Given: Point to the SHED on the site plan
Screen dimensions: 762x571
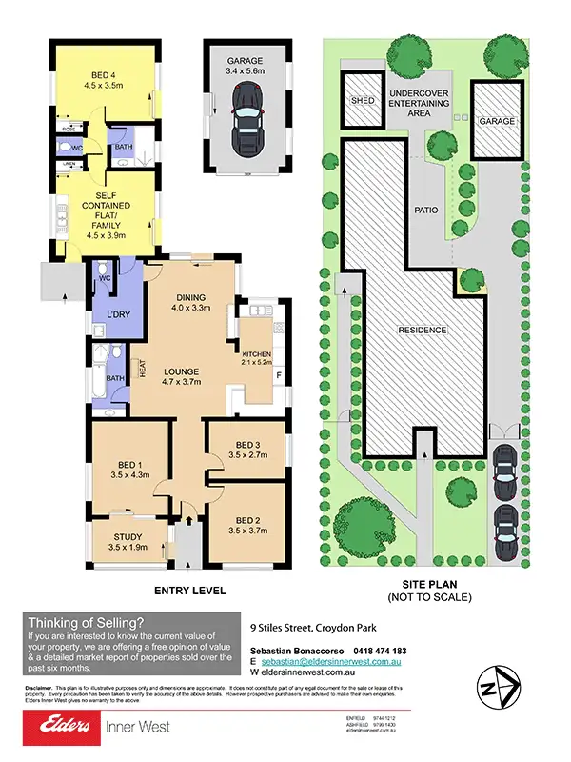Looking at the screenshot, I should tap(363, 100).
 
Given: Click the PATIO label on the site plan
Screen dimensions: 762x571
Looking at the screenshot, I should tap(425, 209).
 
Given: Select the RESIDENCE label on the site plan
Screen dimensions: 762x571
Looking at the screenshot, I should tap(422, 331).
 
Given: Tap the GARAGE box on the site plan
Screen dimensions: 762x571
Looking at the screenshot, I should tap(496, 123).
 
